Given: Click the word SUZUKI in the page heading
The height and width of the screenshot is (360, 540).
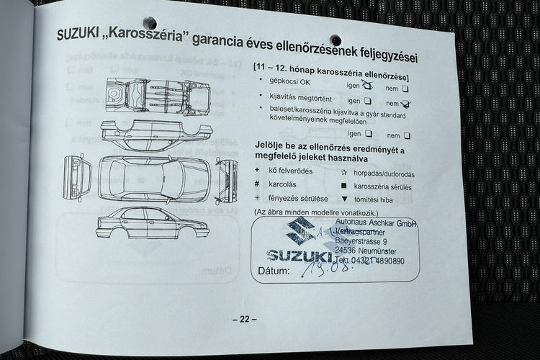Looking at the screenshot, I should pos(80,33).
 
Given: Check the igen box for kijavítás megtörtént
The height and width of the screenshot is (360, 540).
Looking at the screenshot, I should pos(367,102).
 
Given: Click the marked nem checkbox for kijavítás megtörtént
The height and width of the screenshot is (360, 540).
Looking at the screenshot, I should pos(407,104).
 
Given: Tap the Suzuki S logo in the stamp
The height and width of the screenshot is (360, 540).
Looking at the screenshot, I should pos(300,230).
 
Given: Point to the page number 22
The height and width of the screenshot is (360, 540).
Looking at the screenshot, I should pos(244,319).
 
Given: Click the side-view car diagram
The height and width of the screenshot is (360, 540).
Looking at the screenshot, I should pos(153,223).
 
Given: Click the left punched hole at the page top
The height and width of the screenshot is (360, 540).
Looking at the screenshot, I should pos(150,23).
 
